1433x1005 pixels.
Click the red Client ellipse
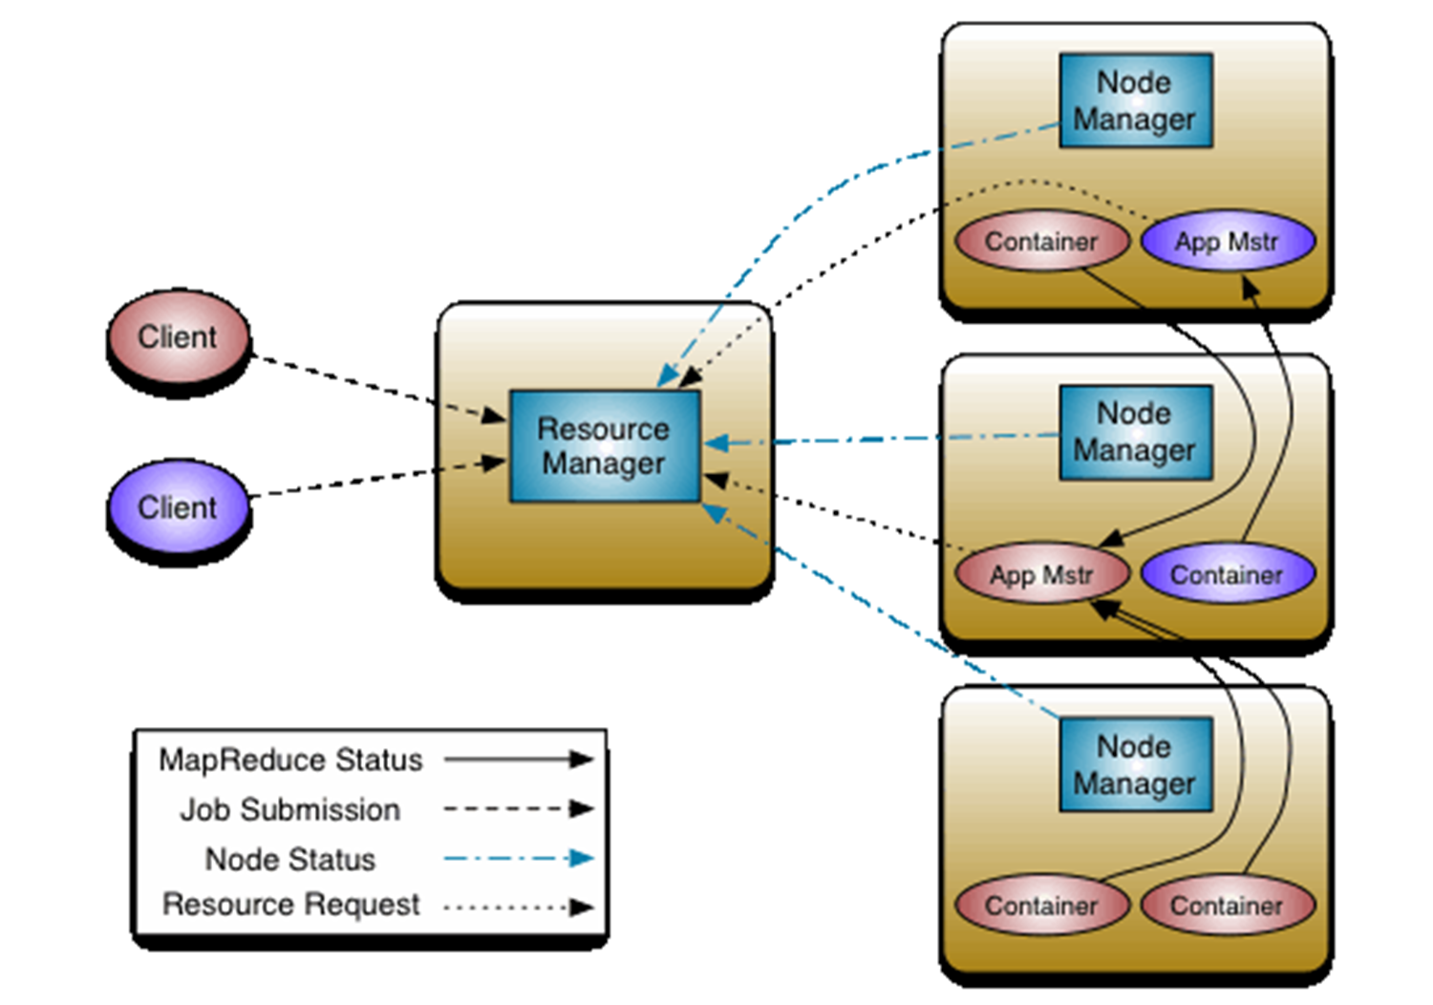pyautogui.click(x=178, y=337)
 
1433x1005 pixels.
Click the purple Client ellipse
pyautogui.click(x=178, y=507)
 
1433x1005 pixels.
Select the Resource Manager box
pyautogui.click(x=605, y=445)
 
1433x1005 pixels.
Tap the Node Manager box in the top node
pyautogui.click(x=1135, y=100)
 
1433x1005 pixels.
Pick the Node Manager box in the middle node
pyautogui.click(x=1135, y=432)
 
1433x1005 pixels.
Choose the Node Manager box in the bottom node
pyautogui.click(x=1135, y=764)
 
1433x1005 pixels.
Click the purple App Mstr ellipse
pyautogui.click(x=1228, y=242)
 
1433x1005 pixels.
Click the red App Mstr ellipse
pyautogui.click(x=1042, y=575)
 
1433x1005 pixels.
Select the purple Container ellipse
pyautogui.click(x=1228, y=575)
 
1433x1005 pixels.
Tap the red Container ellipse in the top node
pyautogui.click(x=1041, y=242)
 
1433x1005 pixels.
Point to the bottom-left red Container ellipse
pyautogui.click(x=1041, y=906)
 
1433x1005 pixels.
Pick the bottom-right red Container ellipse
pyautogui.click(x=1228, y=906)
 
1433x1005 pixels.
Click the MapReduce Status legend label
pyautogui.click(x=290, y=760)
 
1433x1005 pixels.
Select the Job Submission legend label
pyautogui.click(x=290, y=810)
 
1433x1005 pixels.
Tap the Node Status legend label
pyautogui.click(x=290, y=860)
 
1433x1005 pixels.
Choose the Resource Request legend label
pyautogui.click(x=290, y=905)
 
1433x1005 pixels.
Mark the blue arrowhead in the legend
pyautogui.click(x=581, y=858)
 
